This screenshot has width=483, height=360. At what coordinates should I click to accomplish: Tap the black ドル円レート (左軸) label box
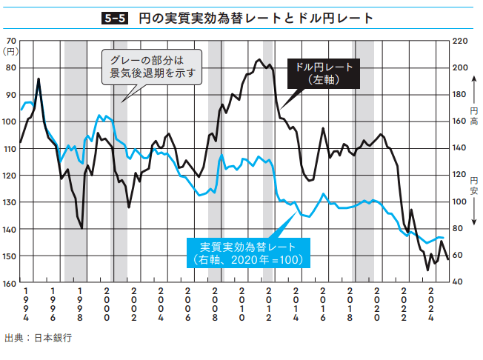coord(324,73)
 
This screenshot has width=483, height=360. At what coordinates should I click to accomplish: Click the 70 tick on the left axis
coord(10,41)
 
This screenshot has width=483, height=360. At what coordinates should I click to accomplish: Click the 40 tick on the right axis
coord(459,283)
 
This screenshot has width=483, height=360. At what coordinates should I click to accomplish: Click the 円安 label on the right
coord(474,185)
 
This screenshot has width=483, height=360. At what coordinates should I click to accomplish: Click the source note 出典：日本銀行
coord(38,337)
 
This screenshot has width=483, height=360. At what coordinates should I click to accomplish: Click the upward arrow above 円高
coord(474,94)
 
